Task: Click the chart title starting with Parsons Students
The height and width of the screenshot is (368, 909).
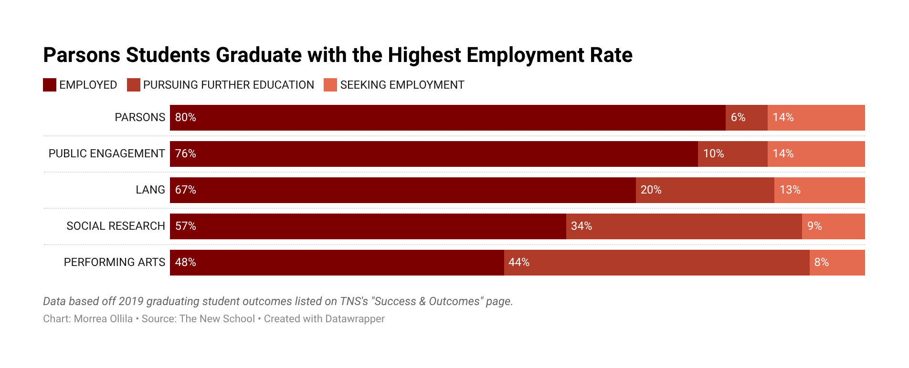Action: pos(338,55)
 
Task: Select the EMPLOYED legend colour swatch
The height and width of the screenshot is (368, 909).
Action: pos(50,85)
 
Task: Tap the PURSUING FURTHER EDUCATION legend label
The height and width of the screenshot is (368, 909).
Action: pos(228,85)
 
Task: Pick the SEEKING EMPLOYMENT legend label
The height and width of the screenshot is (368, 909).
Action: pos(402,85)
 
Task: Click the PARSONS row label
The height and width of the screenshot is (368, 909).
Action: pos(140,117)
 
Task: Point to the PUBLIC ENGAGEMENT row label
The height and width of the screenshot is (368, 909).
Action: pos(106,153)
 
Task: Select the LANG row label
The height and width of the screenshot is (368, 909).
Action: pos(150,190)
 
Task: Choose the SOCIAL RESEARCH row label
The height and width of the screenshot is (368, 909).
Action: pos(116,226)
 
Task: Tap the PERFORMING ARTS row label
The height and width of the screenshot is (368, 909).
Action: pos(115,262)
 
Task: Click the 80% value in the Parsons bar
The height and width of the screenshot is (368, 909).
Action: pos(186,117)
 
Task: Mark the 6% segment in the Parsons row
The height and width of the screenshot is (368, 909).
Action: pos(746,117)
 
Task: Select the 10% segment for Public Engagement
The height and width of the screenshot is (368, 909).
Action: pos(732,153)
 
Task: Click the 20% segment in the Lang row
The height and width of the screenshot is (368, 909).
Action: pos(705,190)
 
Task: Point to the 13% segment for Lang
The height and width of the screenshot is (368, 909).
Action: pos(819,190)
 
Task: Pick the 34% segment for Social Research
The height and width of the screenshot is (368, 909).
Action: pos(684,226)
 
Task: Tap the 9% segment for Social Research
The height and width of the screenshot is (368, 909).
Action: pos(833,226)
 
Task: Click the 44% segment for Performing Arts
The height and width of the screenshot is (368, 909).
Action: pos(656,262)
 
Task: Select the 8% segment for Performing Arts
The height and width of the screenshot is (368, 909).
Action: pos(837,262)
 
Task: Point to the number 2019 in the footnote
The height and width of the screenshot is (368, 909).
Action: pos(131,301)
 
